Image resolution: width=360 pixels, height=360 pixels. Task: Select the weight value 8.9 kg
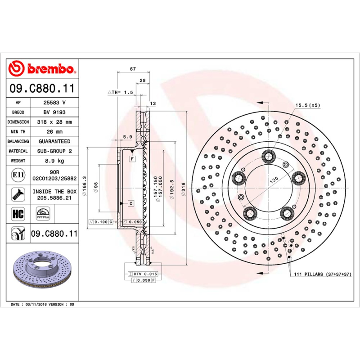coord(54,161)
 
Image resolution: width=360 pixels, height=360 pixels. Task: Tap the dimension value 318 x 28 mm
coord(54,122)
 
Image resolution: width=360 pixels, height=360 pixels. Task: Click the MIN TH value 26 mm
coord(54,132)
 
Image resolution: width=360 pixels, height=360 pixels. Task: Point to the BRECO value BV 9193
coord(54,112)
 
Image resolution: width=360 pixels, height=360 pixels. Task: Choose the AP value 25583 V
coord(54,103)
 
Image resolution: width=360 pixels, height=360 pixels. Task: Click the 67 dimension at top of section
coord(132,69)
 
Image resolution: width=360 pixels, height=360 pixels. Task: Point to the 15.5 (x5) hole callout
coord(307,105)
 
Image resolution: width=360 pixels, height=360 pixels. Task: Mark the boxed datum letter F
coord(132,159)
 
